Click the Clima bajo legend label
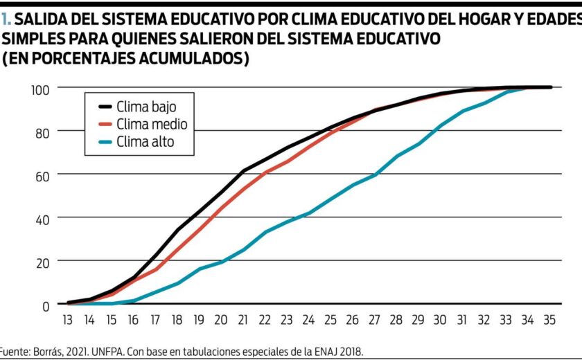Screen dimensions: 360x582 coord(146,107)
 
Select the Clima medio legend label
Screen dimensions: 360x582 coord(152,125)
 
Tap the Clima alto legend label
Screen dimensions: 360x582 coord(145,143)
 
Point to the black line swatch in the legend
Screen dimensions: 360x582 coord(105,107)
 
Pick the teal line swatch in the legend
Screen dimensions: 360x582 coord(105,143)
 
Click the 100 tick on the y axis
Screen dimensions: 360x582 coord(39,89)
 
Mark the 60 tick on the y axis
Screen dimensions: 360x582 coord(42,175)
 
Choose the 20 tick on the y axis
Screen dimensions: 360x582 coord(42,262)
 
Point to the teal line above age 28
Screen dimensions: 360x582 coord(397,156)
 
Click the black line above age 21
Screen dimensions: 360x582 coord(243,170)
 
